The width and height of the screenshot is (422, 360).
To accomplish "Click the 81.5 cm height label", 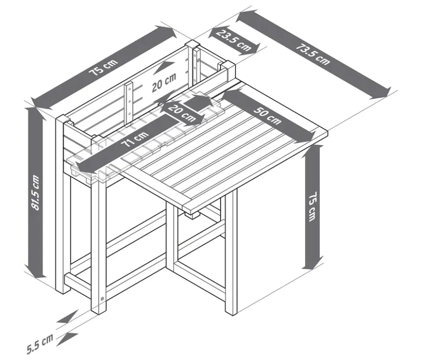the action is point(35,192).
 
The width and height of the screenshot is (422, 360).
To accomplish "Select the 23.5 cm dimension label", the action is point(234,40).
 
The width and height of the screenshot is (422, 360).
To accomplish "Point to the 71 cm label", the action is point(135,139).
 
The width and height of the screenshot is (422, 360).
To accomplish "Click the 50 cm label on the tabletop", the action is point(267,115).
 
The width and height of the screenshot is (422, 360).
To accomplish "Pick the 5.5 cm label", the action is point(40,344).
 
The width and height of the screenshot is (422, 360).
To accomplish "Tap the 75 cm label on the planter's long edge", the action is point(104,67).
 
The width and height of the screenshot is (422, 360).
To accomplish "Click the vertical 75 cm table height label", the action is point(312,207).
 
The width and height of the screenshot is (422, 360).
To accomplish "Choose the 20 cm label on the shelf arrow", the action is point(181,113).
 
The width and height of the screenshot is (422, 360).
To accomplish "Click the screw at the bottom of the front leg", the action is point(102,298).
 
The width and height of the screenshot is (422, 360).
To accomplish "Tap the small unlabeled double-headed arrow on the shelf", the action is point(198,102).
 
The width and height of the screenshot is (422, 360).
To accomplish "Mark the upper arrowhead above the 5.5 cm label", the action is point(67,317).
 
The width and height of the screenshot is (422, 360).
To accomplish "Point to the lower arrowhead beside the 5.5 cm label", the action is point(67,339).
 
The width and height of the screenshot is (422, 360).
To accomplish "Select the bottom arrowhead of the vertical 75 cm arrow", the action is point(312,262).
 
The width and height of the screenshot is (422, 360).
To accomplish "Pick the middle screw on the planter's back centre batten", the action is point(129,102).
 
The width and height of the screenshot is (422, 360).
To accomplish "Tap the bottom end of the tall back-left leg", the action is point(63,291).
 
